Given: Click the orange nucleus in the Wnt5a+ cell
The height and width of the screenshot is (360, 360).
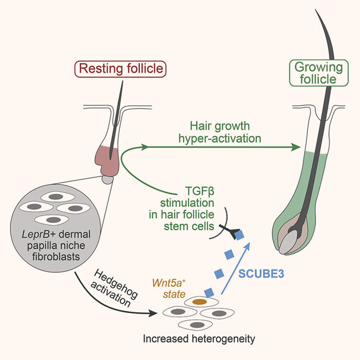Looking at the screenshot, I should (199, 301).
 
